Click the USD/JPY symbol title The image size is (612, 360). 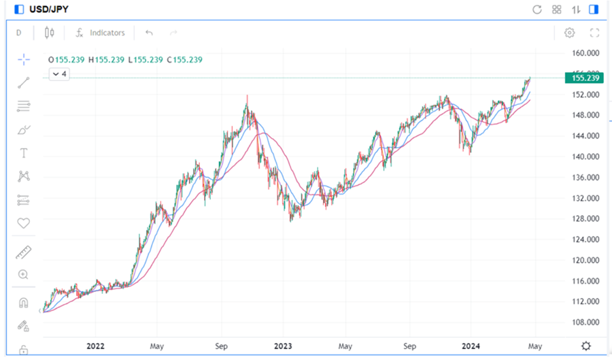(49, 10)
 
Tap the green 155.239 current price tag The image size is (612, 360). (585, 78)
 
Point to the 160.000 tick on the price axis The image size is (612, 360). (585, 53)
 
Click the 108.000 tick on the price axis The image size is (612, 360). (585, 323)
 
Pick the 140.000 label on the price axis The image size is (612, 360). (585, 157)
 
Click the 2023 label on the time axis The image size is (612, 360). (283, 346)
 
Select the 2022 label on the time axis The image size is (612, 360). (95, 346)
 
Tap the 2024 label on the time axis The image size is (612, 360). (471, 346)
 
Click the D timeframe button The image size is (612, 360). (19, 33)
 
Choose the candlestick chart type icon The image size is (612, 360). (48, 33)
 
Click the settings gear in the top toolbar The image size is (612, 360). (570, 33)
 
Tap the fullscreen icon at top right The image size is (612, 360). (594, 33)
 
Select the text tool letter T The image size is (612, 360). (24, 153)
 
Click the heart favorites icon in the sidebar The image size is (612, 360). (24, 223)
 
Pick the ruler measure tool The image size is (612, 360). (24, 253)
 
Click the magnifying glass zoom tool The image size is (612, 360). (24, 274)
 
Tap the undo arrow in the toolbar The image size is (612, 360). (149, 33)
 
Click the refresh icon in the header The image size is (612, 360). (537, 10)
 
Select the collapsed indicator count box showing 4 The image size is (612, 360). (60, 73)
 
